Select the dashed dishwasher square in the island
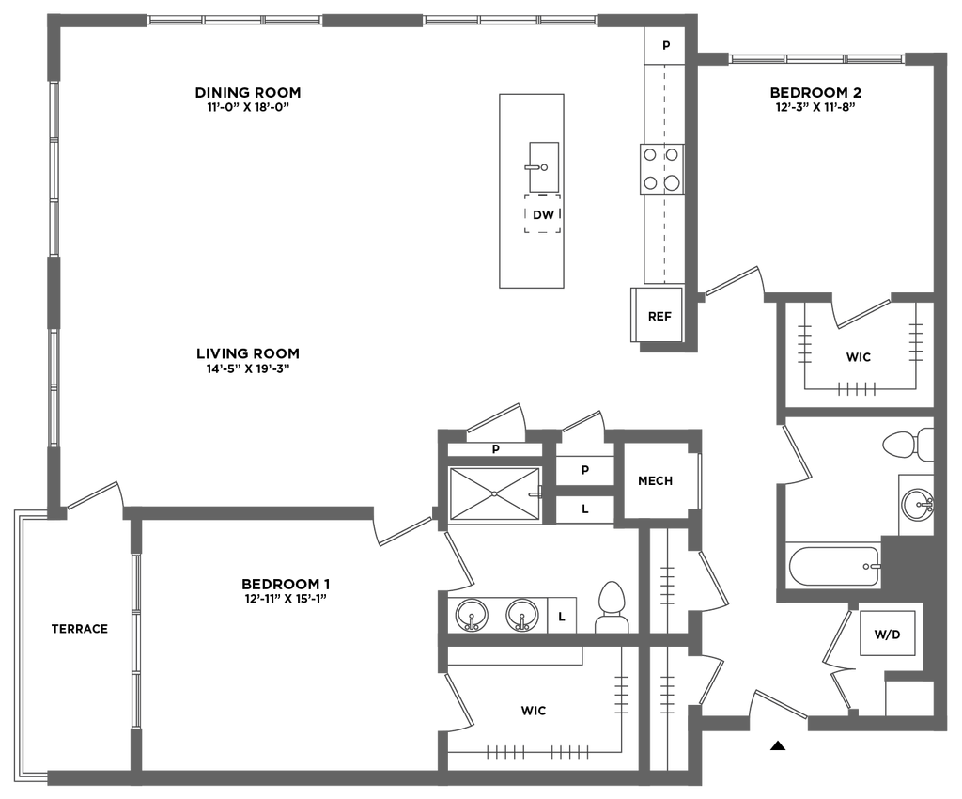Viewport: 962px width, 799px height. (x=541, y=213)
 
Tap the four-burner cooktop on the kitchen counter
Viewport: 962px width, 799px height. (x=660, y=168)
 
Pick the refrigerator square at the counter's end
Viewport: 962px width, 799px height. (x=659, y=315)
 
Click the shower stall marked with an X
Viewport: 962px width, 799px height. (x=494, y=493)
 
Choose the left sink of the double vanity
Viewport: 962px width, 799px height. (x=469, y=615)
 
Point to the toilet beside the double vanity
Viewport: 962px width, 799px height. (x=611, y=606)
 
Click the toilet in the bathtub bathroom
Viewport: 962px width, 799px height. (x=908, y=444)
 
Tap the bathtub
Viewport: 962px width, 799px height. (x=831, y=564)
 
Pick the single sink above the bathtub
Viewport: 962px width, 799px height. (x=914, y=505)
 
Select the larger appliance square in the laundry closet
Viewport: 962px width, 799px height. (x=889, y=631)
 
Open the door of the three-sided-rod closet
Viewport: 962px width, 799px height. (x=861, y=313)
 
